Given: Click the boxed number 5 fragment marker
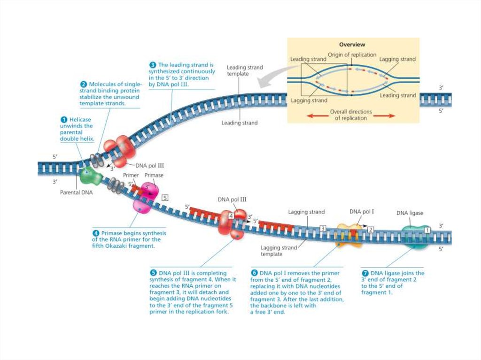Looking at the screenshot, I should click(164, 198).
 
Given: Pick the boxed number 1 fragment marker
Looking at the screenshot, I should click(427, 230).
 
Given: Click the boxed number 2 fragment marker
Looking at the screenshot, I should click(371, 230).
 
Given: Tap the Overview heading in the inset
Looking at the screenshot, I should click(352, 45).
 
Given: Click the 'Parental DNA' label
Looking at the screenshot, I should click(77, 192).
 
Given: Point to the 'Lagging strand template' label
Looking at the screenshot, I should click(279, 251).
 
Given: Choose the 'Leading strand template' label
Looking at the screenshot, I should click(245, 70).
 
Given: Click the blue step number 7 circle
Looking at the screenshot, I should click(365, 273).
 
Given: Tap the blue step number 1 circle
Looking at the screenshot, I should click(64, 120).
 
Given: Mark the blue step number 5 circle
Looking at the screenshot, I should click(153, 273).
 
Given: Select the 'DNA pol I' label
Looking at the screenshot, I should click(362, 212).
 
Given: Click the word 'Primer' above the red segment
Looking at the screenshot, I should click(131, 175).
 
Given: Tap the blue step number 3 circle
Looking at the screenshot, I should click(153, 65).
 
